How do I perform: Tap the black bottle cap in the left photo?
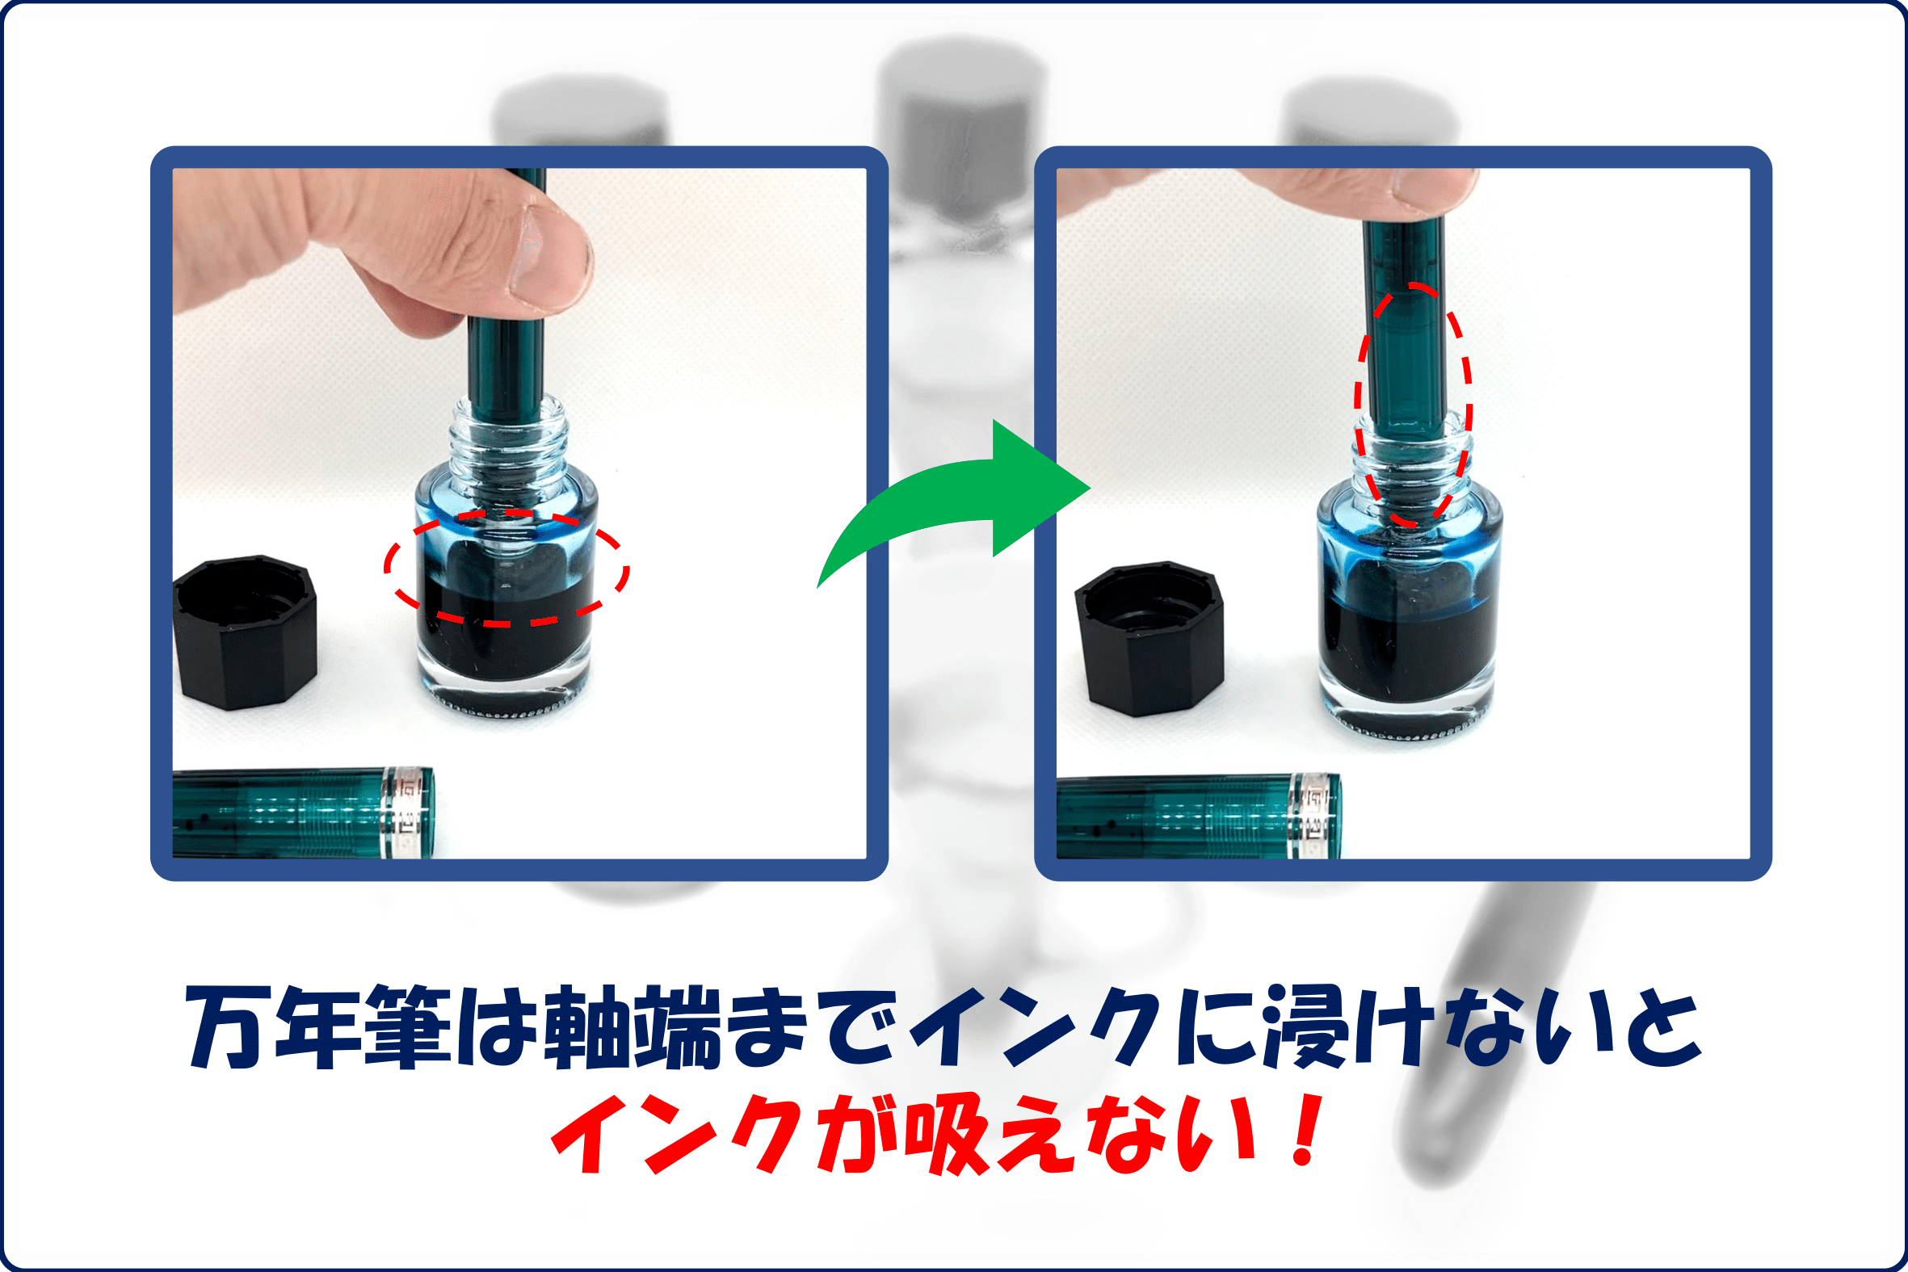point(244,632)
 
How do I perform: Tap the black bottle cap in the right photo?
point(1149,639)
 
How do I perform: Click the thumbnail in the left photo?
point(547,255)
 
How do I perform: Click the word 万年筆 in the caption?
point(319,1027)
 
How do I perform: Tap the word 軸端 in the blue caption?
point(632,1027)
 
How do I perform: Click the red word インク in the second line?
point(678,1134)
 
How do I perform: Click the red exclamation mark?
point(1307,1130)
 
